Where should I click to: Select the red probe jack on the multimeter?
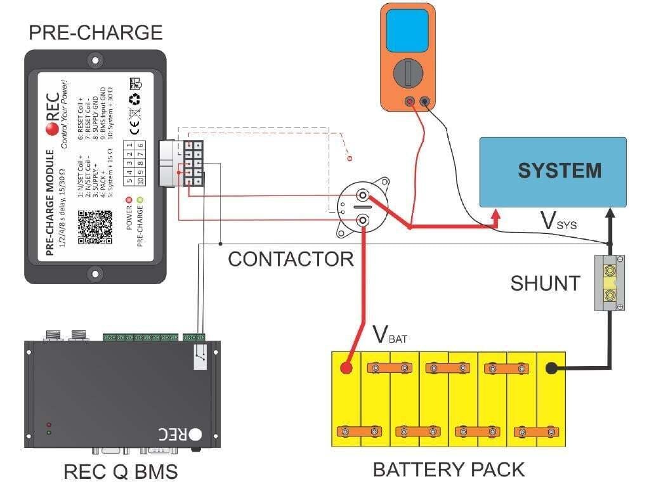tap(410, 101)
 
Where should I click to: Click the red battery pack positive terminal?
tap(346, 368)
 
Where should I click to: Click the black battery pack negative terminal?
tap(551, 368)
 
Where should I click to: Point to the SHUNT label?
tap(545, 284)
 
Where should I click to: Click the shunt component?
tap(610, 283)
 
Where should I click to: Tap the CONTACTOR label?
tap(291, 259)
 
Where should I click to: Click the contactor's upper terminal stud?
tap(362, 196)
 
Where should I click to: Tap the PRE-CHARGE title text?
tap(95, 32)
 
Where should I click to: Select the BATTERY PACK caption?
tap(449, 469)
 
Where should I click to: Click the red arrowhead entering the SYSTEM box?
tap(497, 218)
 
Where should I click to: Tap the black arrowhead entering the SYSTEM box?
tap(610, 214)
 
